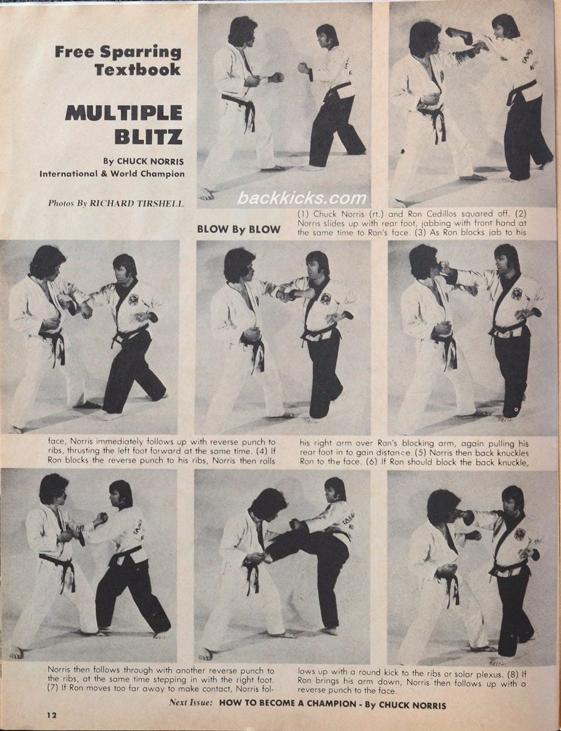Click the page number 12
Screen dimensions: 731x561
point(53,715)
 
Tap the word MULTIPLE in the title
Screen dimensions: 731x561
point(124,112)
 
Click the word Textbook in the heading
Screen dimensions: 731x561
point(138,69)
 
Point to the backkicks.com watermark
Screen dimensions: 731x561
point(302,198)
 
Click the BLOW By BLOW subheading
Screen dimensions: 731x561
point(239,229)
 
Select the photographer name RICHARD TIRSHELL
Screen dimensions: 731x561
point(137,203)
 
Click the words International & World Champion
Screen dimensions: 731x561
point(112,174)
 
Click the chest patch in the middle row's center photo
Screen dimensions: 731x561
point(325,298)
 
